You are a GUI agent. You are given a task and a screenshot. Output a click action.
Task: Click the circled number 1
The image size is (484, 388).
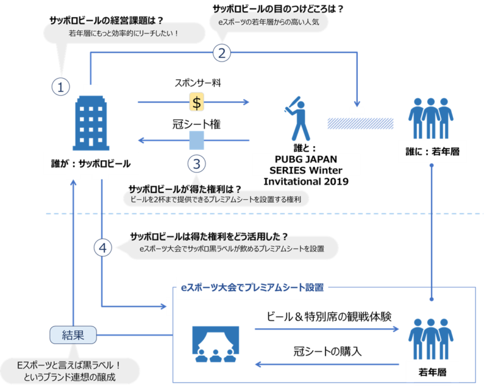click(x=60, y=87)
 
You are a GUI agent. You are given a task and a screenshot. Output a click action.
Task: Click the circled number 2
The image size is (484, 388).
click(x=222, y=53)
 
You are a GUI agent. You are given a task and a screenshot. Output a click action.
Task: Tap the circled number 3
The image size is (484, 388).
click(x=197, y=164)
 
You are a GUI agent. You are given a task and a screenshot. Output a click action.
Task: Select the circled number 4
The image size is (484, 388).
click(x=103, y=248)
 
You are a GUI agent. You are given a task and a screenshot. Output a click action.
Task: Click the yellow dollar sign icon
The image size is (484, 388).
click(x=197, y=102)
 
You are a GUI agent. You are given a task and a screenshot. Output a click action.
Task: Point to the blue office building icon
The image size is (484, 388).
click(x=91, y=123)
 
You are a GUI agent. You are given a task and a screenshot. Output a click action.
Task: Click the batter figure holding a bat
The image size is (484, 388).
click(x=297, y=119)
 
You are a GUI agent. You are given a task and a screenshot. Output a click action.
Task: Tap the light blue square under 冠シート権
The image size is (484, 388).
click(x=197, y=140)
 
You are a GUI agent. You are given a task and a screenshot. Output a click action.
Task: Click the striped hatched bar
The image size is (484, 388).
click(x=360, y=123)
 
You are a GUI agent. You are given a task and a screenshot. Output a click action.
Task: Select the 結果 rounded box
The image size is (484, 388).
click(x=73, y=335)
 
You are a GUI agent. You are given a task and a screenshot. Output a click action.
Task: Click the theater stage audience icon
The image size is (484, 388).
click(x=216, y=344)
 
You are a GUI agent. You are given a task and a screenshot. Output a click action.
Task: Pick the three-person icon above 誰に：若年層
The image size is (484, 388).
click(x=431, y=118)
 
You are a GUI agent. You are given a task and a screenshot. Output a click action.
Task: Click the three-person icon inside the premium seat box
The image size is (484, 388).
click(x=431, y=339)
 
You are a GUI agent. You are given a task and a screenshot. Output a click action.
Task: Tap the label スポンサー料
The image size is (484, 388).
click(x=198, y=83)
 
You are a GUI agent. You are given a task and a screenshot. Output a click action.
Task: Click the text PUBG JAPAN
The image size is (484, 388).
click(x=306, y=159)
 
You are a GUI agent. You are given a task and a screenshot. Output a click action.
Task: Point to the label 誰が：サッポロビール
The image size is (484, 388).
click(x=91, y=164)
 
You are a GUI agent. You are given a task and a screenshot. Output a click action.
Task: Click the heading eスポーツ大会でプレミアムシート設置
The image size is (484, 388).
click(x=252, y=287)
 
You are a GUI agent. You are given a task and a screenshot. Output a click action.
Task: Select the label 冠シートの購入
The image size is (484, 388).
click(x=327, y=351)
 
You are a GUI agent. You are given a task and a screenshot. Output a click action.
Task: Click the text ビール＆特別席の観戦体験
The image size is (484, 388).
click(x=329, y=317)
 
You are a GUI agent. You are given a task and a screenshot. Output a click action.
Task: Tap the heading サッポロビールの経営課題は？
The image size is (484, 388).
click(x=106, y=21)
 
